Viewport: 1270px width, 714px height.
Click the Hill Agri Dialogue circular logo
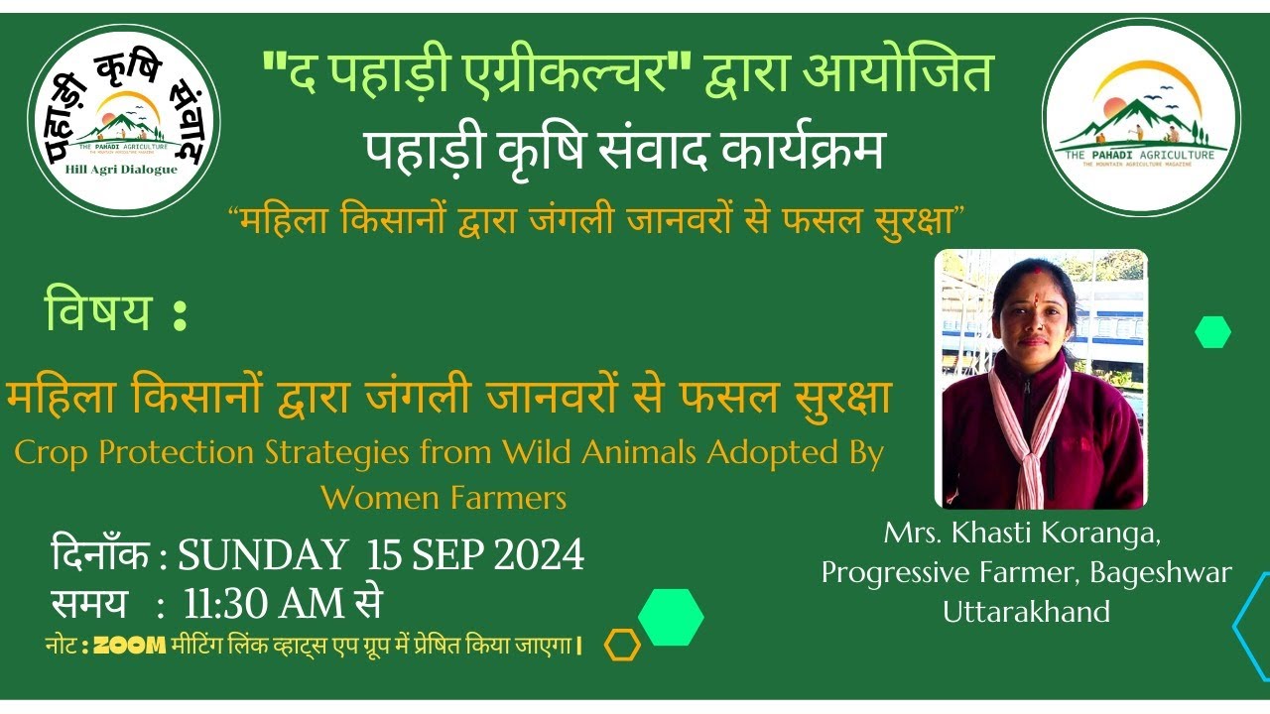coord(124,120)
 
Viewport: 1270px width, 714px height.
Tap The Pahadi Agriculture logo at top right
coord(1141,116)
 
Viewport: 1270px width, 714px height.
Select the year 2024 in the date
coord(539,556)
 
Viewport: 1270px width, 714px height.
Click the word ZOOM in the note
coord(129,646)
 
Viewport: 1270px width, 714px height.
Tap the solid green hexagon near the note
coord(671,617)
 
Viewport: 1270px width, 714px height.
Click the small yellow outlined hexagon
coord(622,646)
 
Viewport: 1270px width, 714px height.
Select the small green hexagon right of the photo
coord(1212,331)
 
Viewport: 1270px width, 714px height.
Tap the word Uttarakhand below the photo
coord(1026,611)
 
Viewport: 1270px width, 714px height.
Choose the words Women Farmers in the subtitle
coord(444,496)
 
